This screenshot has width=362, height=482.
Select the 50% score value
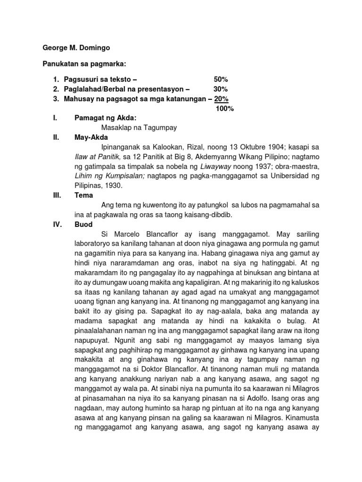[221, 79]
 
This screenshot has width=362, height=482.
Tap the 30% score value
[221, 89]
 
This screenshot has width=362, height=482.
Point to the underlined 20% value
[222, 99]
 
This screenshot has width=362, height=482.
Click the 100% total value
[224, 109]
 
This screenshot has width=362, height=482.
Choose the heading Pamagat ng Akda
[106, 118]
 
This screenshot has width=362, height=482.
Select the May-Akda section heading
[91, 137]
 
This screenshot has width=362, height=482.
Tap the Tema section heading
[84, 195]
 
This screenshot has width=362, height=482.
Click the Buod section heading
[84, 225]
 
